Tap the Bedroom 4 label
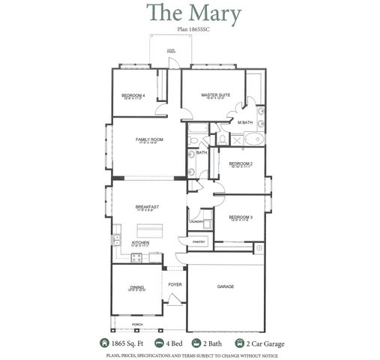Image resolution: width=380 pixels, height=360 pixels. click(x=133, y=95)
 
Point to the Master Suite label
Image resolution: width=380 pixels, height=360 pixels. click(x=215, y=95)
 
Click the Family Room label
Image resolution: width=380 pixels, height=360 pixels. click(x=149, y=139)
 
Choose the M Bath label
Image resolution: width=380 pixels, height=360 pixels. click(x=244, y=121)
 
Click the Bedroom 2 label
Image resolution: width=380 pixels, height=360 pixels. click(x=241, y=163)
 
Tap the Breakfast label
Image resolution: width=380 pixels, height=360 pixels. click(x=147, y=207)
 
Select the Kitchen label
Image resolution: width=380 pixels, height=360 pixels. click(x=141, y=243)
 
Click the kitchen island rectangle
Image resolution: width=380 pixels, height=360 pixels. click(x=150, y=227)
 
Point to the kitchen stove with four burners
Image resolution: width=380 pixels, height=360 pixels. click(x=137, y=258)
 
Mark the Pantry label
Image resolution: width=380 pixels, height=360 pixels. click(x=199, y=241)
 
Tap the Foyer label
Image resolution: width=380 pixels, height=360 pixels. click(x=175, y=285)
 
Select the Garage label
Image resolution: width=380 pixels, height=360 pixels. click(x=226, y=286)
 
